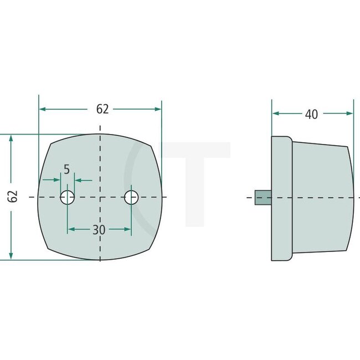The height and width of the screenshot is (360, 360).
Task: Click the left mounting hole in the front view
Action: (68, 197)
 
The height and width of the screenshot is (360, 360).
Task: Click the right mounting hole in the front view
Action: (131, 197)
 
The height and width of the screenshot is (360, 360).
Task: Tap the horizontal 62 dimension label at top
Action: (102, 110)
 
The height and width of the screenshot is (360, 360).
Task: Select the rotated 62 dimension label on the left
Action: (14, 196)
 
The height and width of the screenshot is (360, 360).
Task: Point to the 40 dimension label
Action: (311, 114)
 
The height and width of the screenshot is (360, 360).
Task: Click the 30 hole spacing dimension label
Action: (99, 230)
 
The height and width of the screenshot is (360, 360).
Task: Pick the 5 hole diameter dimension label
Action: (67, 169)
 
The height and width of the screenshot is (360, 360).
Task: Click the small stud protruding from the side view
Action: (263, 198)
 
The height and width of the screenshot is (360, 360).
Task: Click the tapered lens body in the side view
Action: (321, 198)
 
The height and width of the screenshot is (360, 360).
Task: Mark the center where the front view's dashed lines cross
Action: (99, 197)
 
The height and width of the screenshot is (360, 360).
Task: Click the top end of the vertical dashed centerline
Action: (99, 126)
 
